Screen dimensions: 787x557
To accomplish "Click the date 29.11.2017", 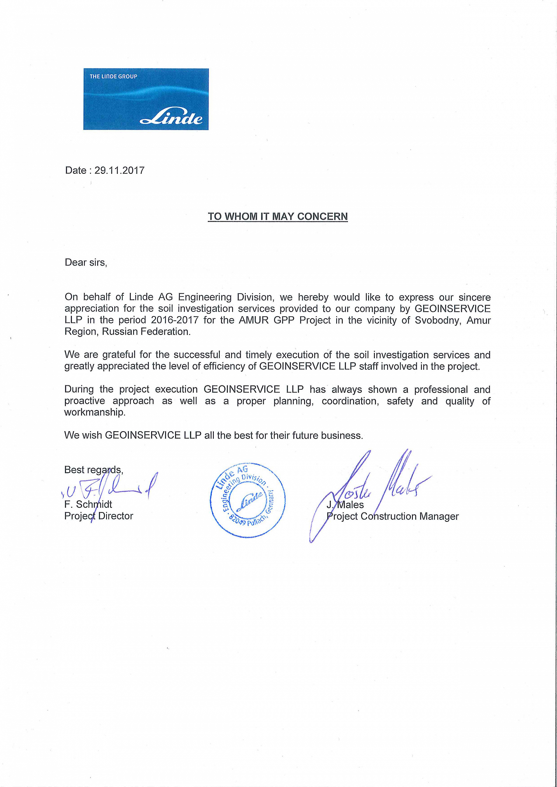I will click(x=120, y=170).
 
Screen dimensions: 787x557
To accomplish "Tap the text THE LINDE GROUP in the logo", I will click(x=113, y=76).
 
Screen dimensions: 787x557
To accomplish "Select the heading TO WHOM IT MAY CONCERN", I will click(x=278, y=217).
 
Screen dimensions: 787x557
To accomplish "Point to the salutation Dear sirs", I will click(x=86, y=263).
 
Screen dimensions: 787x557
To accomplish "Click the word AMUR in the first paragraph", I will click(x=252, y=320).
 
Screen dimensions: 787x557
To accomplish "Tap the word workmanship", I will click(x=95, y=412).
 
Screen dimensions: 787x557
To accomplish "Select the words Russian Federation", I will click(x=146, y=332).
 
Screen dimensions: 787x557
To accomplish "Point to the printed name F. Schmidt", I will click(x=88, y=504).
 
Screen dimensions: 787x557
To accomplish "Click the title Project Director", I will click(x=99, y=516).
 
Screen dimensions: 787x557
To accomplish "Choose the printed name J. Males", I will click(x=345, y=504).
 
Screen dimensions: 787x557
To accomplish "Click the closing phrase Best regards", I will click(x=93, y=470).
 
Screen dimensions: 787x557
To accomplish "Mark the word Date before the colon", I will click(x=75, y=170).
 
